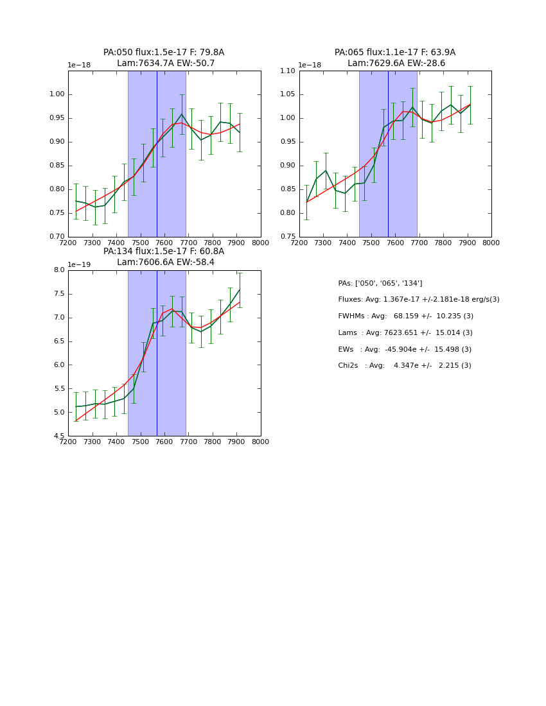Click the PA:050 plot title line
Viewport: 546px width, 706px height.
point(164,53)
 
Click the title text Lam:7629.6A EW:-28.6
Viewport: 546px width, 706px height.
point(396,64)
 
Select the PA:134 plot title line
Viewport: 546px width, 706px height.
point(164,252)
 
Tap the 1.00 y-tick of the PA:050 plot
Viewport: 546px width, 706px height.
point(58,95)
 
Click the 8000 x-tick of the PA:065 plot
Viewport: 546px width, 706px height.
point(491,243)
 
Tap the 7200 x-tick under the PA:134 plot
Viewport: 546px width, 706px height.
point(68,442)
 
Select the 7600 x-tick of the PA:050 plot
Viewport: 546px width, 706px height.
point(164,243)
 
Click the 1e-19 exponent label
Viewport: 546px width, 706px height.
point(79,264)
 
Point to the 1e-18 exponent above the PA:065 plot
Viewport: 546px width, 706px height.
point(310,65)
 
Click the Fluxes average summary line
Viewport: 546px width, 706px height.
point(418,300)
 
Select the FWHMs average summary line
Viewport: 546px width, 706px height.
point(405,316)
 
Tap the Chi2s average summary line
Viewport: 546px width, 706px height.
point(404,366)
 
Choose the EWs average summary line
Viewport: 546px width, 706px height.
point(404,349)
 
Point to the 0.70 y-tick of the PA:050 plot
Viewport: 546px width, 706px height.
point(58,237)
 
